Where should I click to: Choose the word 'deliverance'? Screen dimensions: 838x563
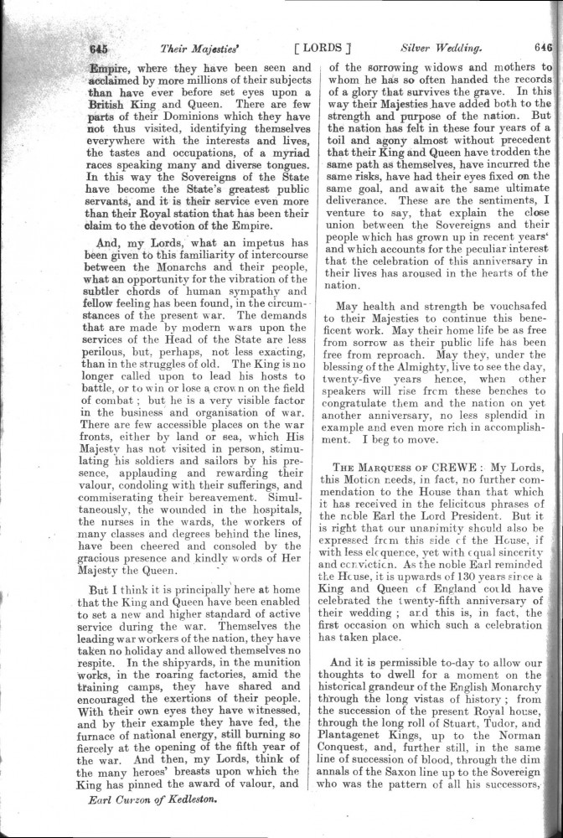point(363,225)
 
